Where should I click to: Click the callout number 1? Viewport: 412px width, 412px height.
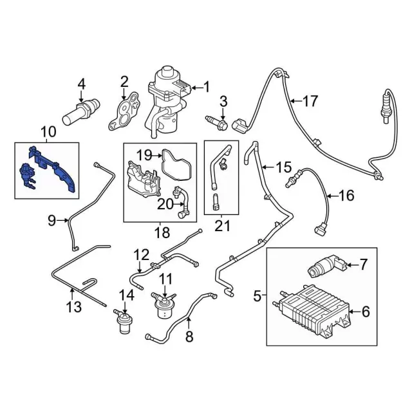coord(206,86)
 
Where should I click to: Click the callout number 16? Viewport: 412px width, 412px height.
coord(346,195)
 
